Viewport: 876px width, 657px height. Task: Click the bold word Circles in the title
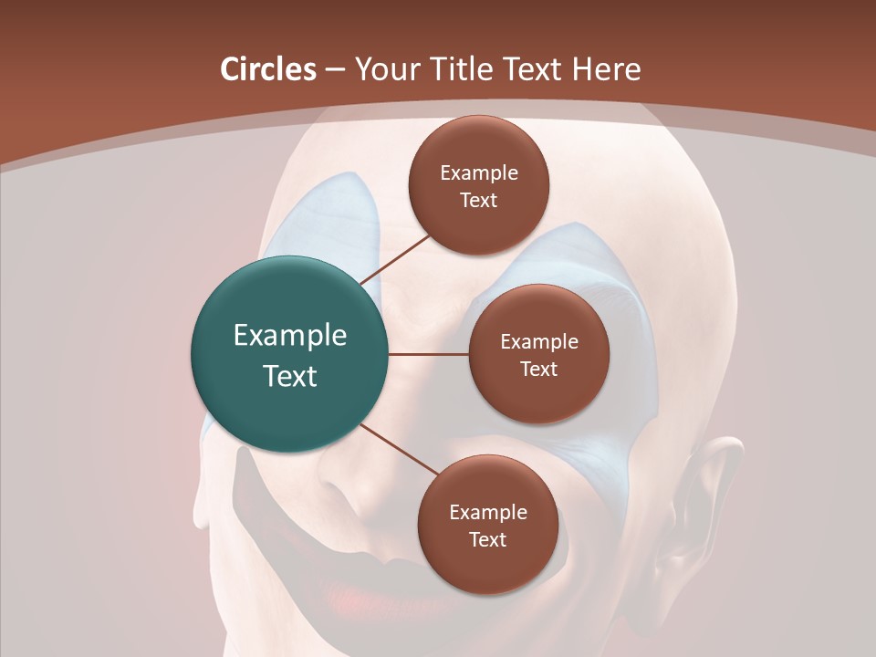(x=268, y=69)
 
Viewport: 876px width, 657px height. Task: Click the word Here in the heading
(x=608, y=69)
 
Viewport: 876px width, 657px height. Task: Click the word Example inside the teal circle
(x=290, y=336)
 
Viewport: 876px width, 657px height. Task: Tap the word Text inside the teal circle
(x=290, y=376)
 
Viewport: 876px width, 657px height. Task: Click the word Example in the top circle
(x=479, y=172)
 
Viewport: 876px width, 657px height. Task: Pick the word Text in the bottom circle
(x=487, y=539)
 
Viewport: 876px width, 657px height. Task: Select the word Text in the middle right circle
(x=538, y=369)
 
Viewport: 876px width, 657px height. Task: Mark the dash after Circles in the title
(x=334, y=69)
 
